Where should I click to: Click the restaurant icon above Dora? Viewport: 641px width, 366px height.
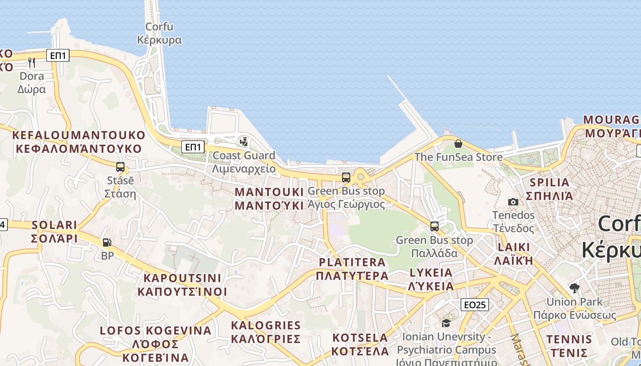coord(32,62)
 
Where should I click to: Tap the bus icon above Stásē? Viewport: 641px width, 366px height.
coord(120,167)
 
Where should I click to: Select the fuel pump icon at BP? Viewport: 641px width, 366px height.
coord(107,242)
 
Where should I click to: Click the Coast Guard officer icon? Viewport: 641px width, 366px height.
coord(244,142)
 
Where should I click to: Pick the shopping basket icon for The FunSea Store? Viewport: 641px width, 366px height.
coord(458,144)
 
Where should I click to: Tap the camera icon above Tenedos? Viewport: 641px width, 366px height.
coord(513,202)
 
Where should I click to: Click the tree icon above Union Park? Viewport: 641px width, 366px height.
coord(574,288)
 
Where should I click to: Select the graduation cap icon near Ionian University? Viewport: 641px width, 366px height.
coord(446,323)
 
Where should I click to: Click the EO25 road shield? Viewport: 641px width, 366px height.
coord(475,305)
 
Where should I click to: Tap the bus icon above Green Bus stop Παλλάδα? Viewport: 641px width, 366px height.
coord(435,226)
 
